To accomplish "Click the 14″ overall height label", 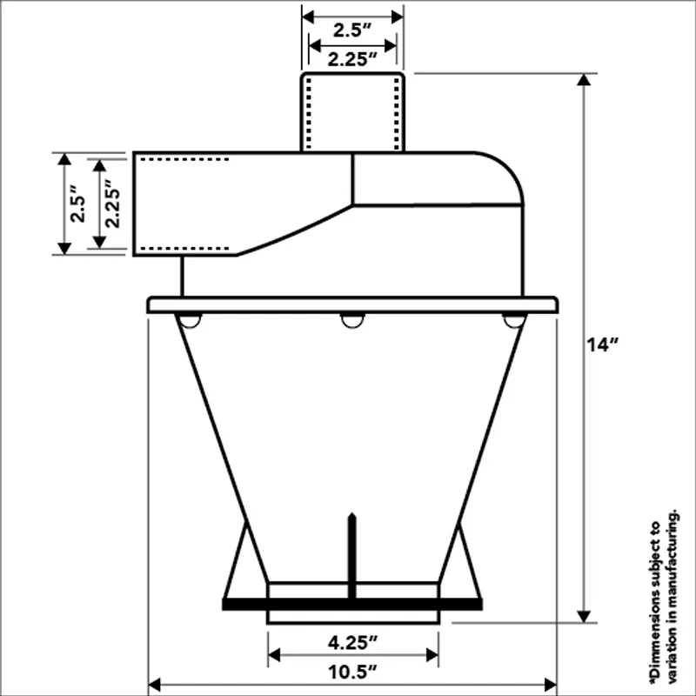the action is coord(602,345).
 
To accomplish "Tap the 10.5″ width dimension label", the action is coord(352,672).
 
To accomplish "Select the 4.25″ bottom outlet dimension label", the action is coord(353,642).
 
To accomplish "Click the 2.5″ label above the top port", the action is coord(352,30).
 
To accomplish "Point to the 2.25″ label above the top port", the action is coord(352,59).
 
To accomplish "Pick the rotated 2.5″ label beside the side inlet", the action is coord(78,204).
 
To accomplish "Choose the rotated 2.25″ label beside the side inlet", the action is coord(113,204).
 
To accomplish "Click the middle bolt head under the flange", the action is coord(352,320).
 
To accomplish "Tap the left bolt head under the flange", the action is coord(190,320).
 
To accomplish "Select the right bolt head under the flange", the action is coord(514,320).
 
